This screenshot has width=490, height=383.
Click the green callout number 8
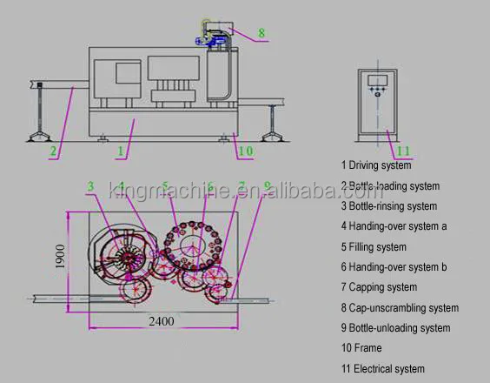262,33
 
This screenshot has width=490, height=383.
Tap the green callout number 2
53,151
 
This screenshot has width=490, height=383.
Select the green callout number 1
121,151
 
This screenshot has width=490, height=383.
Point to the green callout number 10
246,151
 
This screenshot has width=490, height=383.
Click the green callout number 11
403,151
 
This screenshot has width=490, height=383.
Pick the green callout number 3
90,186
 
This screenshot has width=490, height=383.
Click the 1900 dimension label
60,256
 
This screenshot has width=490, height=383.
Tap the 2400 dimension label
162,321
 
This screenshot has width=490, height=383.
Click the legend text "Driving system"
380,165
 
